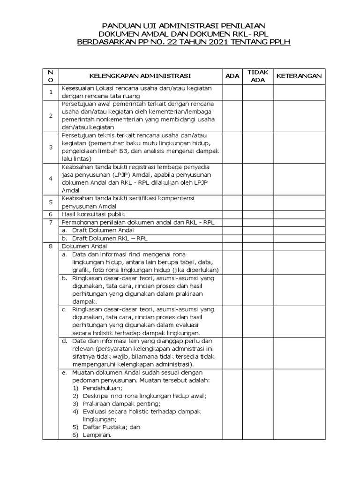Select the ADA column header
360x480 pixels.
(x=232, y=76)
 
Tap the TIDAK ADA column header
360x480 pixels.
(x=258, y=76)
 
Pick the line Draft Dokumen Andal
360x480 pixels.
(x=103, y=230)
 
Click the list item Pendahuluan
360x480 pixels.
(x=102, y=388)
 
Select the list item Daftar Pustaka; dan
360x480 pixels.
(x=112, y=427)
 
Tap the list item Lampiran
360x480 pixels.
(x=97, y=435)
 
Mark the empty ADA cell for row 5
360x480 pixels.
(x=232, y=202)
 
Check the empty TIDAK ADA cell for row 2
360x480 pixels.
(x=258, y=115)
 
